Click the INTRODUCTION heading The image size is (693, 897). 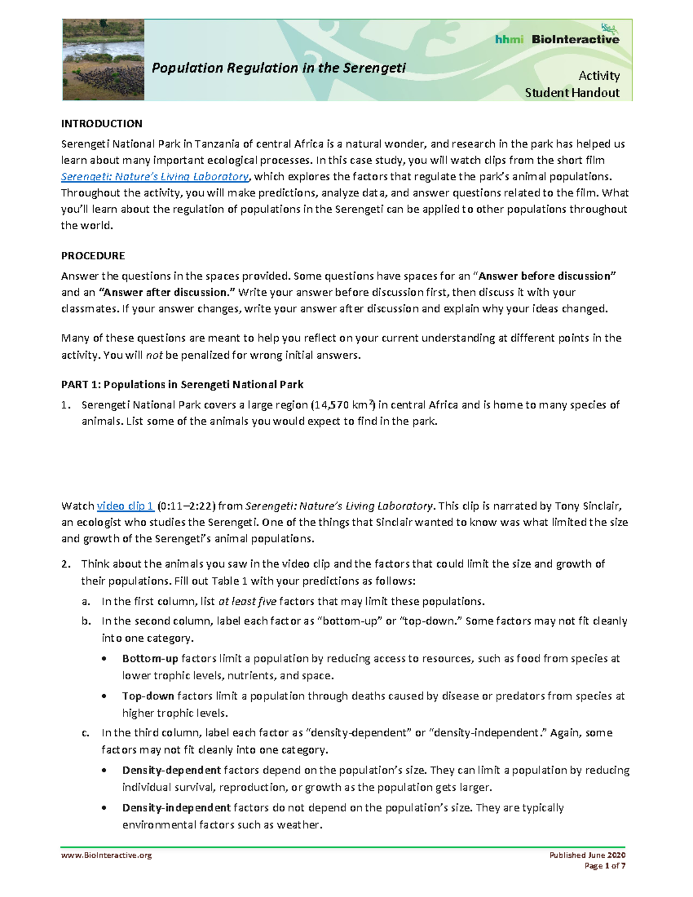(102, 124)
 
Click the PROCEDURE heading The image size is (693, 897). (93, 255)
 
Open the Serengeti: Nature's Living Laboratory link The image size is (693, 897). (155, 177)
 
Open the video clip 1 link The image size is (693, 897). (125, 506)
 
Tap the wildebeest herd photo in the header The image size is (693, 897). (103, 60)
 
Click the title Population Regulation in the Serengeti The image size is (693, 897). (278, 68)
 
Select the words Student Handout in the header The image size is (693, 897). (572, 93)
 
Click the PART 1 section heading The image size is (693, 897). (182, 385)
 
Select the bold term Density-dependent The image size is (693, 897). (172, 770)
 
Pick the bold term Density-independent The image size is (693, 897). (176, 807)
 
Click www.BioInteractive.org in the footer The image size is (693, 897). (106, 855)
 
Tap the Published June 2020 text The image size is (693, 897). (587, 855)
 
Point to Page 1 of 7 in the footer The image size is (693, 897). (605, 866)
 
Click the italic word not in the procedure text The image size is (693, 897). (154, 355)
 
